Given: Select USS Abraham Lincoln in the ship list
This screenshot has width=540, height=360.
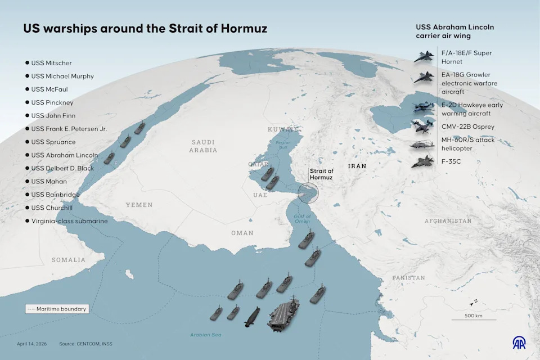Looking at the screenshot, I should pos(64,155).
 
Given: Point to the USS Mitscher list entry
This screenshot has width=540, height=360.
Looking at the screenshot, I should pos(51,63).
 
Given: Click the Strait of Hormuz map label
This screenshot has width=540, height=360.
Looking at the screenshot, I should pos(321,174).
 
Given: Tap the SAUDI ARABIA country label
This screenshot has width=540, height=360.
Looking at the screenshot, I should pos(203,146).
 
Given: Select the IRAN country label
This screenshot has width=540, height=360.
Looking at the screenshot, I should pos(357,166).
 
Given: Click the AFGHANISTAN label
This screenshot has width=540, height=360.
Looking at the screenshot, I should pos(448,221).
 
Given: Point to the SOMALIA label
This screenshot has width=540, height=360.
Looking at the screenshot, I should pos(69,260).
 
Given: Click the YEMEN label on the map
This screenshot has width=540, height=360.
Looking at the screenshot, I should pos(139,205).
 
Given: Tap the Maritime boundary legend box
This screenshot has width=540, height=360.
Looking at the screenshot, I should pos(56,309).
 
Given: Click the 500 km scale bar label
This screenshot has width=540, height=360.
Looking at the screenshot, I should pos(473,315).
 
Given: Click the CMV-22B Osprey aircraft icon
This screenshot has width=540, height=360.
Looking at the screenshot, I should pos(423,126).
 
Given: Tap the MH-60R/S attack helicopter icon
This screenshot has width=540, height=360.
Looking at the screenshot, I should pos(423,145).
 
